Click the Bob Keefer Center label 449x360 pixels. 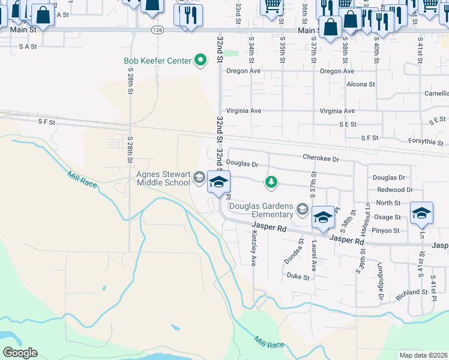coord(157,61)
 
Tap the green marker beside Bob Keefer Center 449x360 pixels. coord(202,60)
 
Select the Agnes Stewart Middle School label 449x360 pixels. coord(163,179)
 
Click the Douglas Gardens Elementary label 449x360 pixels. coord(262,209)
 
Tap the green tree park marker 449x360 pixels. coord(271,182)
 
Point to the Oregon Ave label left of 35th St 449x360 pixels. coord(243,71)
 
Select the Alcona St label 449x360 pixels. coord(360,85)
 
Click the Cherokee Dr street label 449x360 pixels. coord(321,160)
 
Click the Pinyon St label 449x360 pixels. coord(387,230)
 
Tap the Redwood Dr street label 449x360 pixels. coord(393,190)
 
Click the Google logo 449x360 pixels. coord(20,353)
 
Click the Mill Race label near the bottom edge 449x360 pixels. coord(268,343)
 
